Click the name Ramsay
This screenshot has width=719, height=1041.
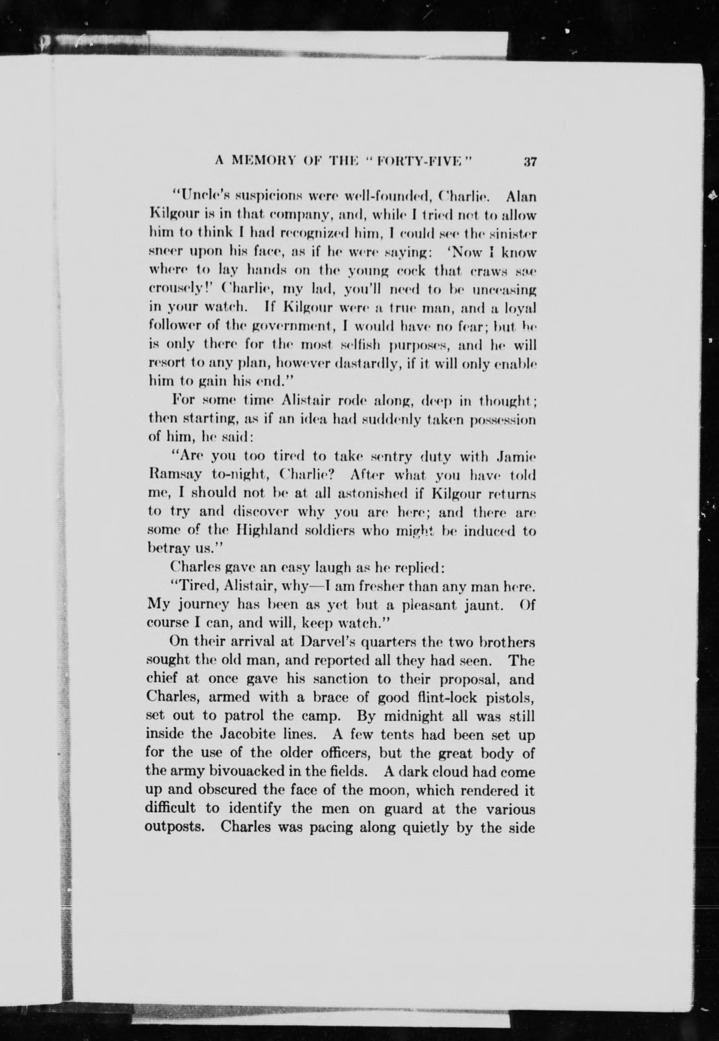[x=174, y=475]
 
